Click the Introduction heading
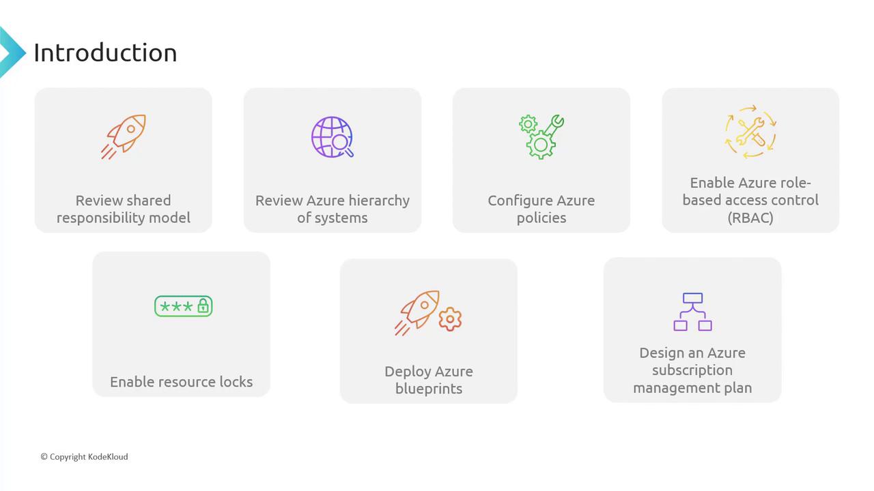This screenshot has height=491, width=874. [105, 53]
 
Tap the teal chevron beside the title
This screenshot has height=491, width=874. [12, 53]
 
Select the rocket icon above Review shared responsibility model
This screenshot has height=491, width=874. [124, 136]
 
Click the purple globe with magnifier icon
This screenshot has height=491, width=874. [333, 137]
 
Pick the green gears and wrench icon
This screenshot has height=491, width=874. [541, 136]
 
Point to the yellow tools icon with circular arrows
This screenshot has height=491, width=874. [750, 132]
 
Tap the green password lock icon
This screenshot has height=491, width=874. [184, 306]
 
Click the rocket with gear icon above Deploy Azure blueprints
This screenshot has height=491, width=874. [428, 313]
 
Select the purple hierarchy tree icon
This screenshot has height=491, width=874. [692, 312]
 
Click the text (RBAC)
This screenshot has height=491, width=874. [750, 218]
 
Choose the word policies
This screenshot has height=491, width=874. [541, 218]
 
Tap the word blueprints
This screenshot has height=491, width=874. [428, 389]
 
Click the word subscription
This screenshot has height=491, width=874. [692, 370]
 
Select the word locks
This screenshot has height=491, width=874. [236, 382]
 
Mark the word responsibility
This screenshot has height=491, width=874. [100, 218]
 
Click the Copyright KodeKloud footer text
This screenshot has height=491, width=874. [84, 457]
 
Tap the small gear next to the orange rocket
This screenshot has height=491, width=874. [450, 319]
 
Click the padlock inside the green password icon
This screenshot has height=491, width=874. [203, 306]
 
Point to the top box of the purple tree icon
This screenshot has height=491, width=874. [692, 298]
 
